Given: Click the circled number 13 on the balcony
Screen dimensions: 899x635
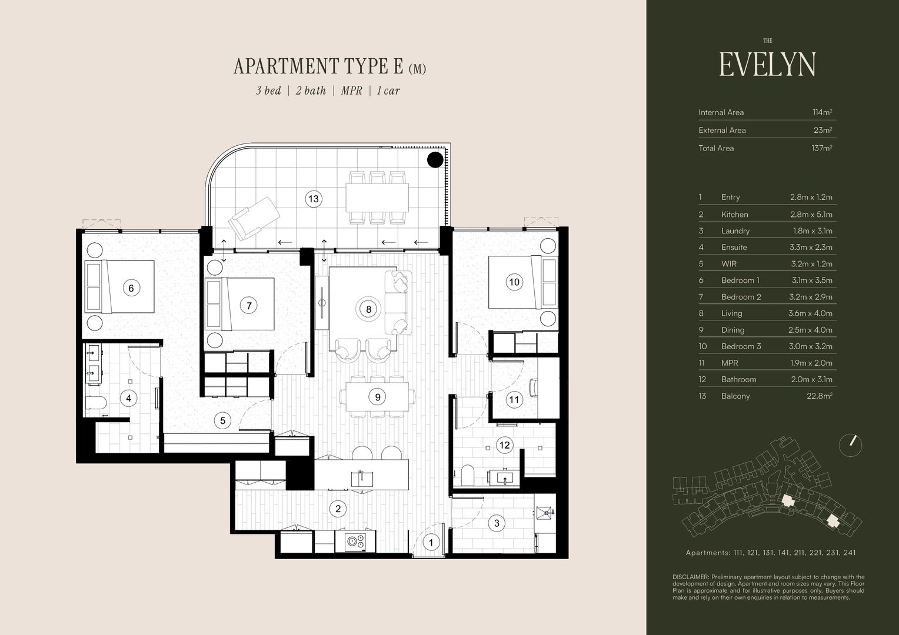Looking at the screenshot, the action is click(314, 199).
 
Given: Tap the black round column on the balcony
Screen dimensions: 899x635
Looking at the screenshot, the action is click(435, 160).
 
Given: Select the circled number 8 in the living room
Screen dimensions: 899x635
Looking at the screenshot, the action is click(368, 309).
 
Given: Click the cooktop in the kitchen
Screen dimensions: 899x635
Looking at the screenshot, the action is click(355, 541).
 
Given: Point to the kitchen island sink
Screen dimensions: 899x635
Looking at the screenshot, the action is click(362, 479).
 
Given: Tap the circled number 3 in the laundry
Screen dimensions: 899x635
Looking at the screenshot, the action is click(497, 523).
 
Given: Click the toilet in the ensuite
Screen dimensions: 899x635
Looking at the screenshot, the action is click(95, 402).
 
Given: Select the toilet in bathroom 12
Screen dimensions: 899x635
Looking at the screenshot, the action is click(467, 475).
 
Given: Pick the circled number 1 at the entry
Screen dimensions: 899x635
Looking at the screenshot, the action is click(431, 543).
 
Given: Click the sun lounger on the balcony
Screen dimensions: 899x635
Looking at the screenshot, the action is click(254, 219).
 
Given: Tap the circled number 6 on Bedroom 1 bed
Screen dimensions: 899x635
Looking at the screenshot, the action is click(131, 288).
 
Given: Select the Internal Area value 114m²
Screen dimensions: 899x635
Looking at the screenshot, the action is click(823, 112).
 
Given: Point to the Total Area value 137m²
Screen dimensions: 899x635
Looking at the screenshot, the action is click(822, 148).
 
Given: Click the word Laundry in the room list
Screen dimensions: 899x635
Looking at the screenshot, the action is click(735, 231).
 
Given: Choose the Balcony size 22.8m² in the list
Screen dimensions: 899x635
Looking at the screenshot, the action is click(820, 396).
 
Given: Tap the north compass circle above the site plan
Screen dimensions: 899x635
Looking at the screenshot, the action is click(850, 445).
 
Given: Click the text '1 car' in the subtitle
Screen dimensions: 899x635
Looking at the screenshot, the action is click(388, 91).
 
